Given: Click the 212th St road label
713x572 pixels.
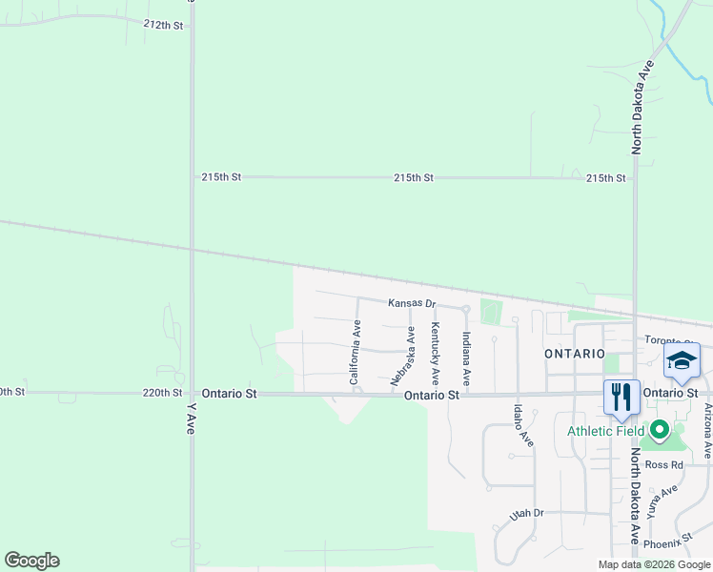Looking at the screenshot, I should pos(163,25).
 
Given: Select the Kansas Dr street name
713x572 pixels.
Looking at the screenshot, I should pos(411,303).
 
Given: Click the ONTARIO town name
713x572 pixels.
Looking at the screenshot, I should pos(574,353).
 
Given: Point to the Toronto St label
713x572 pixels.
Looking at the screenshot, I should pos(666,340).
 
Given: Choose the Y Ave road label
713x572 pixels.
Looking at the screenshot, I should pos(192,419).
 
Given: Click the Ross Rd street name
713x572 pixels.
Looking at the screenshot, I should pos(664,465).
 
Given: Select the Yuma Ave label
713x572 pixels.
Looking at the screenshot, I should pos(662,500).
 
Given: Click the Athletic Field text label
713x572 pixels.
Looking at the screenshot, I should pos(604,430).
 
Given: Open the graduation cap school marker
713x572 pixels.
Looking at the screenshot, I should pos(682,361).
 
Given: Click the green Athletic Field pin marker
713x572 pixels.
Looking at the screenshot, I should pos(658,430).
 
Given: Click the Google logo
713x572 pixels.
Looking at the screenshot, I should pos(31,561).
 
